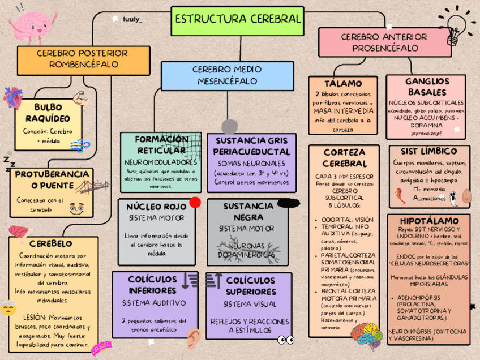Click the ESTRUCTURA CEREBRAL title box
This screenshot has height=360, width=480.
237,19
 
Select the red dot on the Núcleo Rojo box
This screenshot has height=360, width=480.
195,202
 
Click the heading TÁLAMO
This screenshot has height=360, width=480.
343,84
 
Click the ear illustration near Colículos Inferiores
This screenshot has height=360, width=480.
194,337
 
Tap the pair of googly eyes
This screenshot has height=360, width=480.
286,340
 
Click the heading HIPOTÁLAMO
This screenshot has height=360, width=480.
428,220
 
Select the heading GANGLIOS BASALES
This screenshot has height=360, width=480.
427,87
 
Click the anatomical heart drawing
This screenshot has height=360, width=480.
12,97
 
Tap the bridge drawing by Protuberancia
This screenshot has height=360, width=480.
85,187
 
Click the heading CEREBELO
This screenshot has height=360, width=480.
50,243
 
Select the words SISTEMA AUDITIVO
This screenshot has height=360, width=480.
154,303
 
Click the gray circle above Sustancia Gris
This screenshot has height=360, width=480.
229,127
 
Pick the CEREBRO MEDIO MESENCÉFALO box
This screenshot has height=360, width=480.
227,75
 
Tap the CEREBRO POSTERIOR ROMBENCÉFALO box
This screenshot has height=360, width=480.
83,58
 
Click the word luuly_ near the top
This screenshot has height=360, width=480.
132,19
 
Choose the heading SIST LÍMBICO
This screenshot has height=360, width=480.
428,151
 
